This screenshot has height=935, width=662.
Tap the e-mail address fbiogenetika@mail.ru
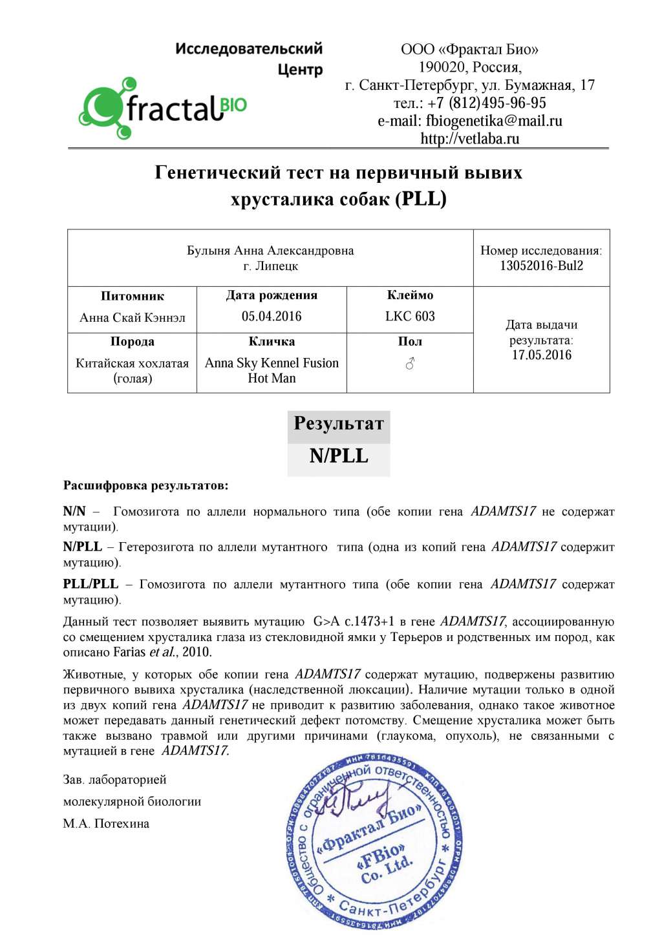pos(493,121)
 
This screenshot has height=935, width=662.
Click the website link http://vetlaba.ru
pos(469,138)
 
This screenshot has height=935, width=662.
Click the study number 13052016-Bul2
pos(541,266)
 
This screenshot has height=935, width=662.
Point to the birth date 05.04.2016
pos(272,316)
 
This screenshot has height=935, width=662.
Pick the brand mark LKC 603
pos(410,316)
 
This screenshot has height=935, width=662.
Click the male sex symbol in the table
pos(410,364)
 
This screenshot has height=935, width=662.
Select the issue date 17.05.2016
pos(541,355)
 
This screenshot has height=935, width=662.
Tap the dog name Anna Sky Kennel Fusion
pos(272,363)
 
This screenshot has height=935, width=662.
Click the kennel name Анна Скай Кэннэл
pos(133,317)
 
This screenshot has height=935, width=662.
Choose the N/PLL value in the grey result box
pos(339,456)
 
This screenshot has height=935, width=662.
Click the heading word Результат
pos(339,424)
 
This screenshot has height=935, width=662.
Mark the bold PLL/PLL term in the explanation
pos(91,584)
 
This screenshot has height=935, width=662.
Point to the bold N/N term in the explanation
pos(74,512)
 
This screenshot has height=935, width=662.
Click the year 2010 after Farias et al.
pos(197,652)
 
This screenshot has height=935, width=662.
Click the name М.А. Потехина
pos(106,824)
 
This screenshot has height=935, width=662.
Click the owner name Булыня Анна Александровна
pos(270,251)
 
